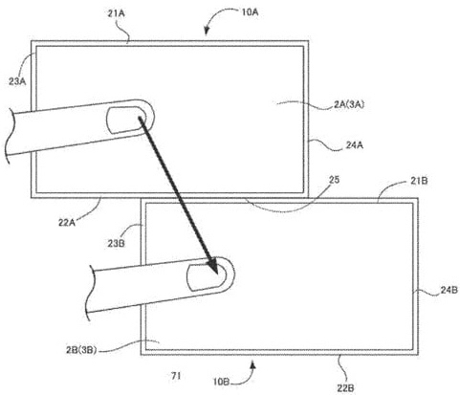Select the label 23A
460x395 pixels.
point(15,82)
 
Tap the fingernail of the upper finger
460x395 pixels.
point(122,119)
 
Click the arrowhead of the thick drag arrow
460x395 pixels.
point(212,268)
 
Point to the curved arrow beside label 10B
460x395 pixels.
point(254,365)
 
